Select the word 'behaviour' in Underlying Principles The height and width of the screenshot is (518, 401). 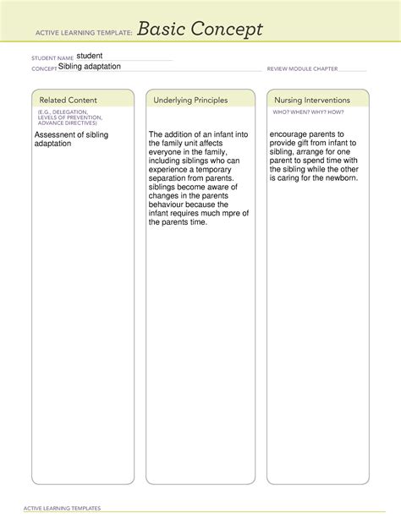click(x=170, y=204)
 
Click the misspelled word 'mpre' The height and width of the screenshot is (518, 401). click(x=226, y=213)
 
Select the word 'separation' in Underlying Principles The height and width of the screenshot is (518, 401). click(x=169, y=177)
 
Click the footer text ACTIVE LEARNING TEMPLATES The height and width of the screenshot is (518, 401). click(x=63, y=508)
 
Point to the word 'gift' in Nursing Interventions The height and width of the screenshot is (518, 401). click(x=298, y=143)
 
